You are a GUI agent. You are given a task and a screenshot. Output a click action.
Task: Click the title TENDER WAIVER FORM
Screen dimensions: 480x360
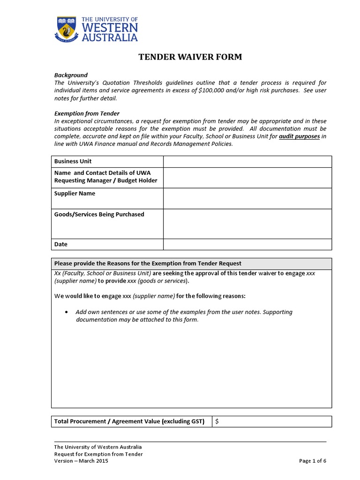point(190,57)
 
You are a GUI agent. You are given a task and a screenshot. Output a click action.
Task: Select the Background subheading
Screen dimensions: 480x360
point(71,75)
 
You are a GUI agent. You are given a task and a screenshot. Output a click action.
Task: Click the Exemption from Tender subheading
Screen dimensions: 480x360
point(87,113)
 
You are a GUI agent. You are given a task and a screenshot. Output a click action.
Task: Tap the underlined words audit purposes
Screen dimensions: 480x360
point(299,136)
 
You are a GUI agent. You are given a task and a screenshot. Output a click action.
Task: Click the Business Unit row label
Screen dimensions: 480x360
point(73,161)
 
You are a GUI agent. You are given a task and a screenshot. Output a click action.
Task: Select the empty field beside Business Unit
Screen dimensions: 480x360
point(247,161)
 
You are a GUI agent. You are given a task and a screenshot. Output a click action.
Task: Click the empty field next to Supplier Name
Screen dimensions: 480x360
point(247,198)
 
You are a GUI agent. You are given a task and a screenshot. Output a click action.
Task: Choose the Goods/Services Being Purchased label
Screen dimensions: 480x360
point(99,214)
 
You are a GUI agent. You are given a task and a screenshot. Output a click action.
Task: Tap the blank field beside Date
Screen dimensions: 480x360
point(247,244)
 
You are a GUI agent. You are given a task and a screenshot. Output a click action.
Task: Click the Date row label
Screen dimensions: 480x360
point(61,244)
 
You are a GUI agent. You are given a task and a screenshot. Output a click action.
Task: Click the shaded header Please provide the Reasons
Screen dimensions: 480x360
point(148,263)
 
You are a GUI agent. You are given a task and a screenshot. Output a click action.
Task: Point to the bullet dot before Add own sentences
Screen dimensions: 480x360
point(66,312)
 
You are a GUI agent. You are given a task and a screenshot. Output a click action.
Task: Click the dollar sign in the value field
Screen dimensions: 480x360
point(217,421)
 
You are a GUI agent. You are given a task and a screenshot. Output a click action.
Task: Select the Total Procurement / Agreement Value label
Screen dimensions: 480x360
point(129,421)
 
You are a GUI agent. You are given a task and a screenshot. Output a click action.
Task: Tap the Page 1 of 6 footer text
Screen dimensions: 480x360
point(312,461)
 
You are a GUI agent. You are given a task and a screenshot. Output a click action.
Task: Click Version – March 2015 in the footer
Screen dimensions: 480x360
point(81,461)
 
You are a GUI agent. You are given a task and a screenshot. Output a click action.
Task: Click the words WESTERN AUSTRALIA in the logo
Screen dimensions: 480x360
point(110,32)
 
